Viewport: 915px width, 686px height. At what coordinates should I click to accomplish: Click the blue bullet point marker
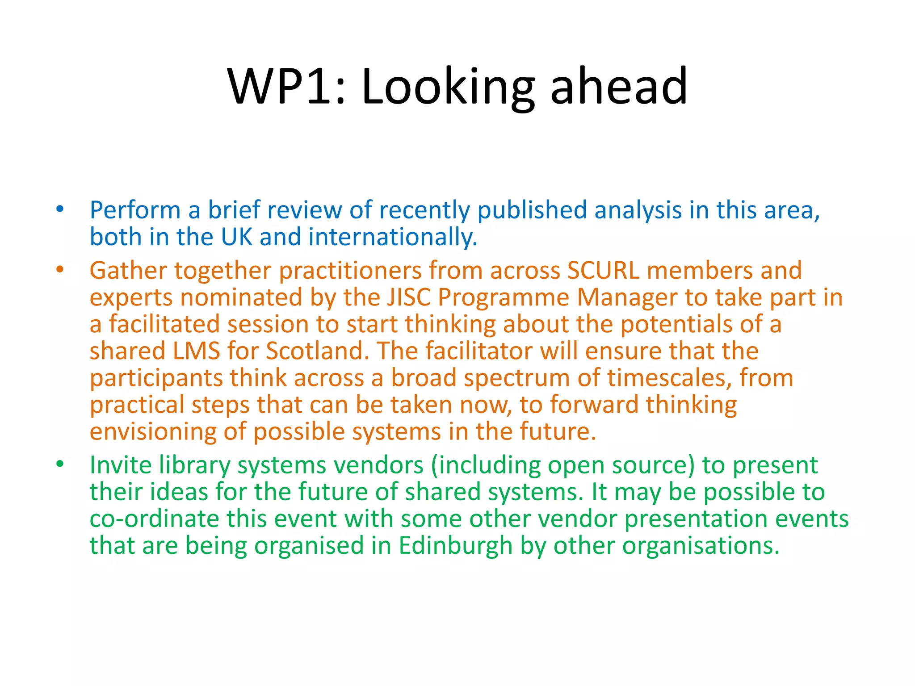(60, 209)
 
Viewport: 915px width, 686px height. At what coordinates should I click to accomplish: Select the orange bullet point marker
(60, 270)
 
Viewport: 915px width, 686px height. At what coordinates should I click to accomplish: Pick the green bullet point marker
(60, 464)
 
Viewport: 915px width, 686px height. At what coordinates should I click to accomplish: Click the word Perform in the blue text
(135, 210)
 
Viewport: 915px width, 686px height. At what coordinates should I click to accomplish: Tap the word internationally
(392, 237)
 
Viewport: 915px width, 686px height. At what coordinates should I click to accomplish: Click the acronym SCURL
(603, 271)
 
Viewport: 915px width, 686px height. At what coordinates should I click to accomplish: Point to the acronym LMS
(197, 351)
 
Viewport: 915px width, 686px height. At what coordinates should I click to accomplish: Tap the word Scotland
(317, 351)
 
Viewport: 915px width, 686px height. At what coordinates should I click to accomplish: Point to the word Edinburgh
(455, 546)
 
